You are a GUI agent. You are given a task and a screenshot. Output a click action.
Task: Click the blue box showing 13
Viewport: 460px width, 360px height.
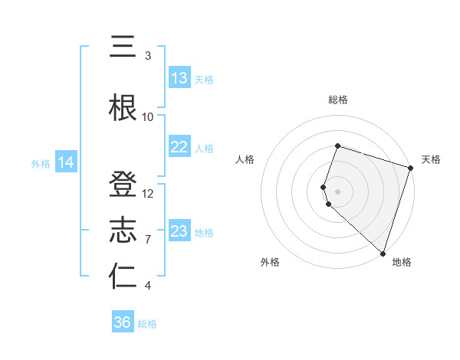[179, 78]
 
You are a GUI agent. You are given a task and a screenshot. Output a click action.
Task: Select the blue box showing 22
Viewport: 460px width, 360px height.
[179, 147]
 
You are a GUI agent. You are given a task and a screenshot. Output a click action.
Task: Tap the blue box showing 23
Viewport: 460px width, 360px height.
[179, 231]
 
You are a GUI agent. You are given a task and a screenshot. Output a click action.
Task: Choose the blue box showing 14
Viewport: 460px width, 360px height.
[66, 162]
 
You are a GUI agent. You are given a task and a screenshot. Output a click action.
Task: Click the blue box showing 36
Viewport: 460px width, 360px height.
[123, 322]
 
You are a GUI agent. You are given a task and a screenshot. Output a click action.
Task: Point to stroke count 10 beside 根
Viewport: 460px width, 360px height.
[148, 116]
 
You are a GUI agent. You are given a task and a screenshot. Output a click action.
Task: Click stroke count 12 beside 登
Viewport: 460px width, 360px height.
[148, 193]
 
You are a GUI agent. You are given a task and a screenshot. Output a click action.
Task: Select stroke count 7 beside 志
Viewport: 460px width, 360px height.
[148, 239]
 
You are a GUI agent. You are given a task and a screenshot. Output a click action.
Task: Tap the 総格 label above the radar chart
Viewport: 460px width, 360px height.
[338, 100]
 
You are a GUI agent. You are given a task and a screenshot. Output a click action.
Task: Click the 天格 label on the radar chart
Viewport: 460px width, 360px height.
[431, 159]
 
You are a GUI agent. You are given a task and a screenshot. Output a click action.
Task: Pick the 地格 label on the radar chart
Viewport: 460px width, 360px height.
[402, 262]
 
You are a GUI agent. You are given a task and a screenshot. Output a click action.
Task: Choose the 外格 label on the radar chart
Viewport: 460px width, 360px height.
[270, 262]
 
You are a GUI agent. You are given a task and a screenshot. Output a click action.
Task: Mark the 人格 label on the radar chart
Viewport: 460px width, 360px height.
[245, 159]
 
